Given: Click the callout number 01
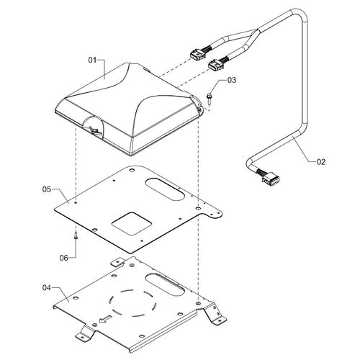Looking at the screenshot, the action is pyautogui.click(x=92, y=60).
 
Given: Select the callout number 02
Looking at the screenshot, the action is pyautogui.click(x=321, y=162).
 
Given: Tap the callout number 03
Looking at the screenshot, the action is pyautogui.click(x=232, y=80).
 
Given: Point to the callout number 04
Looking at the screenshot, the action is pyautogui.click(x=47, y=287).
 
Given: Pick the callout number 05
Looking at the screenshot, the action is pyautogui.click(x=47, y=189).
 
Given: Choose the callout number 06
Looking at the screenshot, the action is pyautogui.click(x=64, y=258).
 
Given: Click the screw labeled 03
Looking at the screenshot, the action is pyautogui.click(x=209, y=99).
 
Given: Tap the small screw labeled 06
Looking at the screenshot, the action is pyautogui.click(x=76, y=235).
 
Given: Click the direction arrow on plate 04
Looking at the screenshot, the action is pyautogui.click(x=106, y=319).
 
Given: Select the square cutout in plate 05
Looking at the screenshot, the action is pyautogui.click(x=132, y=223).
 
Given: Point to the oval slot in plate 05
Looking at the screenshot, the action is pyautogui.click(x=165, y=189).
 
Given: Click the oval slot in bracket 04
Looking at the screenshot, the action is pyautogui.click(x=165, y=285).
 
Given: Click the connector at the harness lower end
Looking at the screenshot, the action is pyautogui.click(x=271, y=179).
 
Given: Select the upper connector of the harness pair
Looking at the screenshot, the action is pyautogui.click(x=197, y=54).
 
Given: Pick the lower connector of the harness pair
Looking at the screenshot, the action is pyautogui.click(x=215, y=65).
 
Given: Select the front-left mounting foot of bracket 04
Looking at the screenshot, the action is pyautogui.click(x=85, y=333).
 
